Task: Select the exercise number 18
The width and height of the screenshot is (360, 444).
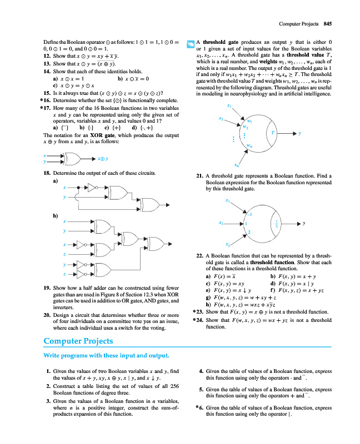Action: click(47, 174)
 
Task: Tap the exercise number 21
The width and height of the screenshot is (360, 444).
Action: click(200, 176)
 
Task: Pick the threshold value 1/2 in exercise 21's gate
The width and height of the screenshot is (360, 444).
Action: click(277, 224)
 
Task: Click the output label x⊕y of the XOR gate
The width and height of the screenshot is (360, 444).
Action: click(103, 159)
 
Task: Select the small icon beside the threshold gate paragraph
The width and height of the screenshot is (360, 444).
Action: click(190, 43)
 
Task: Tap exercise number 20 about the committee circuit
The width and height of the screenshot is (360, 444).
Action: click(47, 315)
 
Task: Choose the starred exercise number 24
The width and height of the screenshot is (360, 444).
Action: click(198, 320)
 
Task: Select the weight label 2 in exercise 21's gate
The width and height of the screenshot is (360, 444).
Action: click(249, 231)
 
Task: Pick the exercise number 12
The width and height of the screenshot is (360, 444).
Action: click(47, 56)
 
